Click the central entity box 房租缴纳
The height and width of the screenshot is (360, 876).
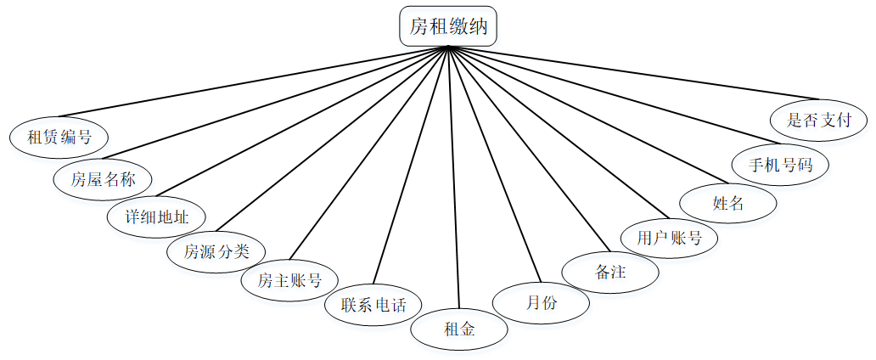pyautogui.click(x=448, y=26)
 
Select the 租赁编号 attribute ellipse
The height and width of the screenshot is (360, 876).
pyautogui.click(x=59, y=135)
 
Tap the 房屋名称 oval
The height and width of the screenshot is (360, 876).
pyautogui.click(x=103, y=179)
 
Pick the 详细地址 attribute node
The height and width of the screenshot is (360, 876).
pyautogui.click(x=156, y=216)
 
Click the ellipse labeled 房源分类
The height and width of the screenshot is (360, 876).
pyautogui.click(x=216, y=251)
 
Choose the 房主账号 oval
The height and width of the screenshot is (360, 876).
pyautogui.click(x=289, y=279)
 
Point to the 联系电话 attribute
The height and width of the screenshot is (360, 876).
pyautogui.click(x=374, y=304)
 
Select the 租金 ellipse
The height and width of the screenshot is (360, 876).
pyautogui.click(x=459, y=329)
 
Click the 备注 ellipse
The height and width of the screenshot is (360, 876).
pyautogui.click(x=610, y=273)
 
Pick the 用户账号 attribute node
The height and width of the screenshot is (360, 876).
pyautogui.click(x=670, y=237)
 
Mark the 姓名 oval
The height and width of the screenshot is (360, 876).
pyautogui.click(x=728, y=203)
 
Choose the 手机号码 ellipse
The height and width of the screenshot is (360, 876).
pyautogui.click(x=780, y=164)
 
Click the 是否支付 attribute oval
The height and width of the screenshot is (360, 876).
pyautogui.click(x=819, y=119)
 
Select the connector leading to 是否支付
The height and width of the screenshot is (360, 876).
pyautogui.click(x=632, y=72)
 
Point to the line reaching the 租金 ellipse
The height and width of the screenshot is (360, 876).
pyautogui.click(x=453, y=178)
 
